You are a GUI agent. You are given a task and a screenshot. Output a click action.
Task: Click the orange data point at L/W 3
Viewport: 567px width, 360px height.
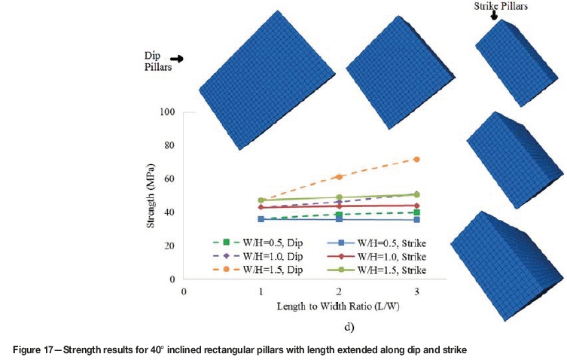[416, 160]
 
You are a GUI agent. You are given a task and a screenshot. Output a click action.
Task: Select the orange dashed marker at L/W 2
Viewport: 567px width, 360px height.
[339, 176]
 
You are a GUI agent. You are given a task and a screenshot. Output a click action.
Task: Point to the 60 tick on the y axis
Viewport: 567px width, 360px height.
[169, 179]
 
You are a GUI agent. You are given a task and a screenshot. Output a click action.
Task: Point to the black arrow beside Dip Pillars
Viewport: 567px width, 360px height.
[177, 59]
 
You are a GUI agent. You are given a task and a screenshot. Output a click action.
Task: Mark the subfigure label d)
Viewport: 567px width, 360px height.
[348, 328]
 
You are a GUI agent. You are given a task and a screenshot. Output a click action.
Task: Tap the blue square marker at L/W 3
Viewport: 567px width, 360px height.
[416, 219]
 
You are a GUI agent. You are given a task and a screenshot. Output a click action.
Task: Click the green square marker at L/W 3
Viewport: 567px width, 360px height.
[416, 212]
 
